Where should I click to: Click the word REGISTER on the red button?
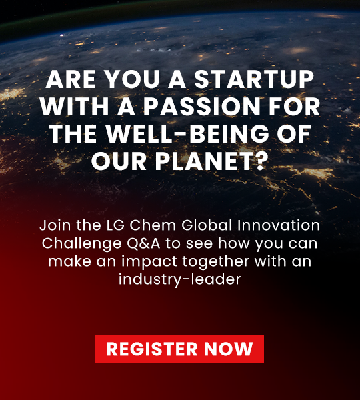[144, 349]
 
